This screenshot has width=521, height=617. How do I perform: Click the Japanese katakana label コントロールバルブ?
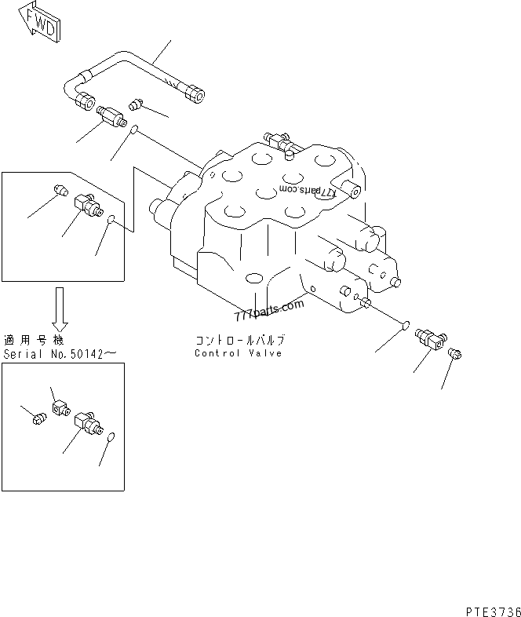pos(240,341)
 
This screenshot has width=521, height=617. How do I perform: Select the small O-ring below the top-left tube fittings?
pos(134,130)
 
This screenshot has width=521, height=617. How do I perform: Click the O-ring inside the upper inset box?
pos(111,221)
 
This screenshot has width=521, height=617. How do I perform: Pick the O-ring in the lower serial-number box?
pos(110,437)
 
